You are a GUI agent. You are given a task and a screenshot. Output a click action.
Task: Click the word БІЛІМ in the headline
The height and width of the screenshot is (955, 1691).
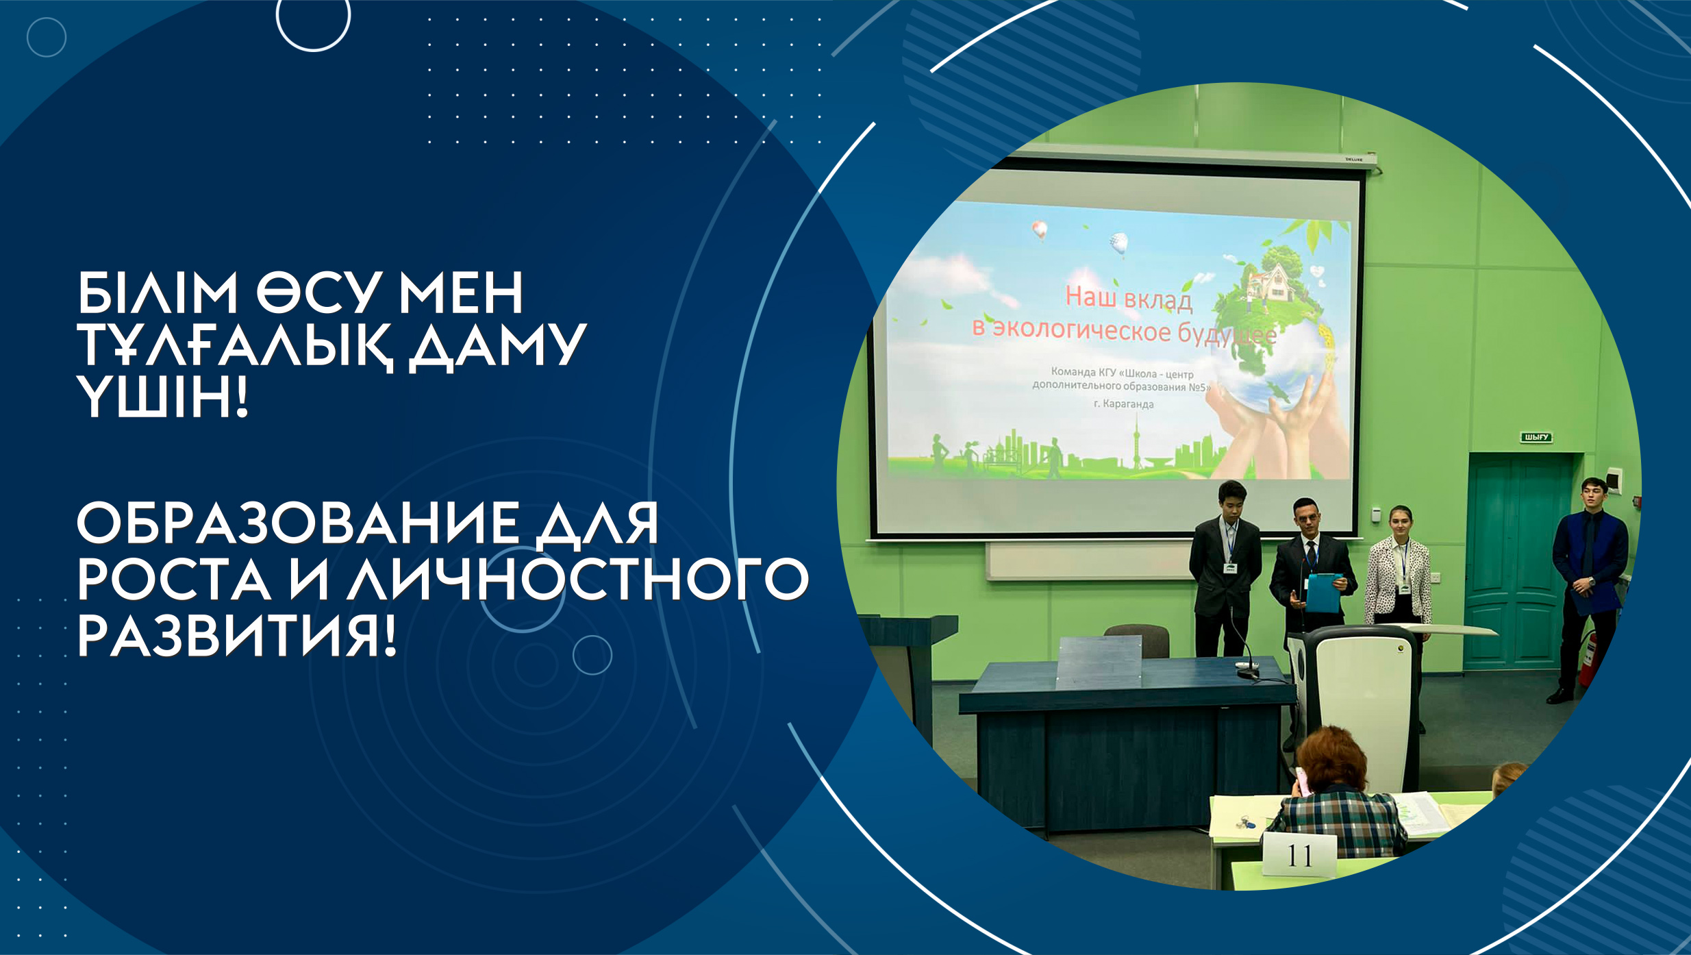point(157,293)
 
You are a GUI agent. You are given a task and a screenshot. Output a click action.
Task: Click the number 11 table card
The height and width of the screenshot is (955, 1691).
point(1299,856)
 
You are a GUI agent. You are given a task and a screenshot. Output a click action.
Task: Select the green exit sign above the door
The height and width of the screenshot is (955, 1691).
point(1536,437)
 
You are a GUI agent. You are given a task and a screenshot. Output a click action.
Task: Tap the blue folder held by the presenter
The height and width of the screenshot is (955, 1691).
point(1323,592)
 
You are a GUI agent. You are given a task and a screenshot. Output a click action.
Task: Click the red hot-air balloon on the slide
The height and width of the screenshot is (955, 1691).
point(1040,230)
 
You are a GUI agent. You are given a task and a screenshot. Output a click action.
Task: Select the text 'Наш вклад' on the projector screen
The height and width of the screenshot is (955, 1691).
point(1129,299)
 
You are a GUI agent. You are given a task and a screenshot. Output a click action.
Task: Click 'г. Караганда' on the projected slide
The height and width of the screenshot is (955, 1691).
point(1124,404)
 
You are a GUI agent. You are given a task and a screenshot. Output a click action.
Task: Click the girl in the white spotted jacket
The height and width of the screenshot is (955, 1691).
point(1398,575)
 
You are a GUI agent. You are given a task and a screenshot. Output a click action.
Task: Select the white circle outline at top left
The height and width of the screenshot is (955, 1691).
point(313,49)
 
